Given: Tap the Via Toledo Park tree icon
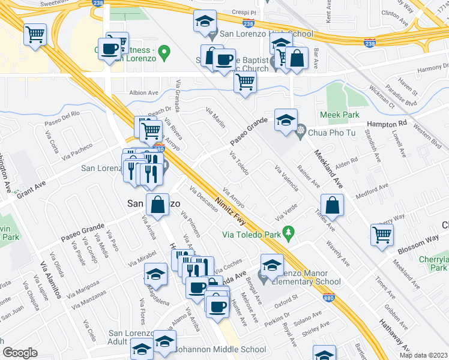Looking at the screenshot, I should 289,232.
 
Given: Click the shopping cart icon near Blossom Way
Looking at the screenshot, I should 382,235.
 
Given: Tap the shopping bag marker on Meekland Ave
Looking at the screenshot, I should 332,206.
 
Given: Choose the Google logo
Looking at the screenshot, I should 20,353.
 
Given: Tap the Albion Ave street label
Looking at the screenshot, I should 144,93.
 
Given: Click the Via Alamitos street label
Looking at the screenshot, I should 50,280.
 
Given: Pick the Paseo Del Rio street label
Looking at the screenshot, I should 62,121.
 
